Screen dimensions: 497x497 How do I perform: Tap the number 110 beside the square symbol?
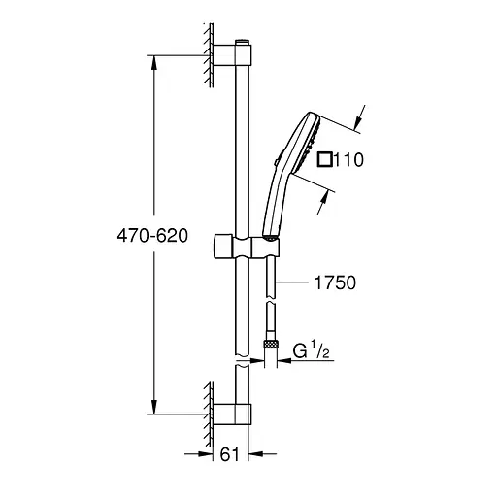pos(348,160)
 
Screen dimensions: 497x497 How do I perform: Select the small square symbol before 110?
pos(323,160)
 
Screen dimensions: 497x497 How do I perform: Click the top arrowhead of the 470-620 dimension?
pos(153,58)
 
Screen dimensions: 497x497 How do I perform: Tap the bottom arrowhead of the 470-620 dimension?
pos(153,408)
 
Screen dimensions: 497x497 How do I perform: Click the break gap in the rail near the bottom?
pos(241,359)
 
